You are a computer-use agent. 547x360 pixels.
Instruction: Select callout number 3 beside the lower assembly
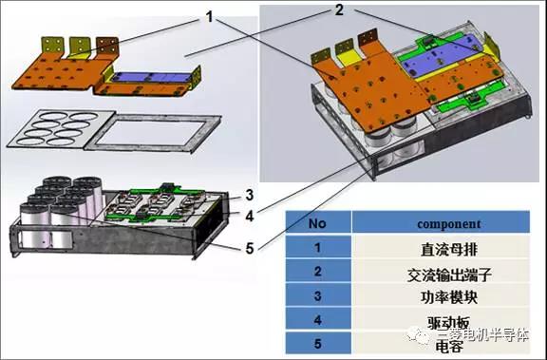click(248, 195)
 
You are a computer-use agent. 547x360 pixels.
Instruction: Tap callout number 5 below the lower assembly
click(248, 250)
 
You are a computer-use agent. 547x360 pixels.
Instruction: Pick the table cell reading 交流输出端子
click(445, 275)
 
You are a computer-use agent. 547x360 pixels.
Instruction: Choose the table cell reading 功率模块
click(445, 298)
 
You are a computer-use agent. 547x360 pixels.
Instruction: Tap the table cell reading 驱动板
click(445, 322)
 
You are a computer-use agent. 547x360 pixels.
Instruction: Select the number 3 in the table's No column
click(319, 298)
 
